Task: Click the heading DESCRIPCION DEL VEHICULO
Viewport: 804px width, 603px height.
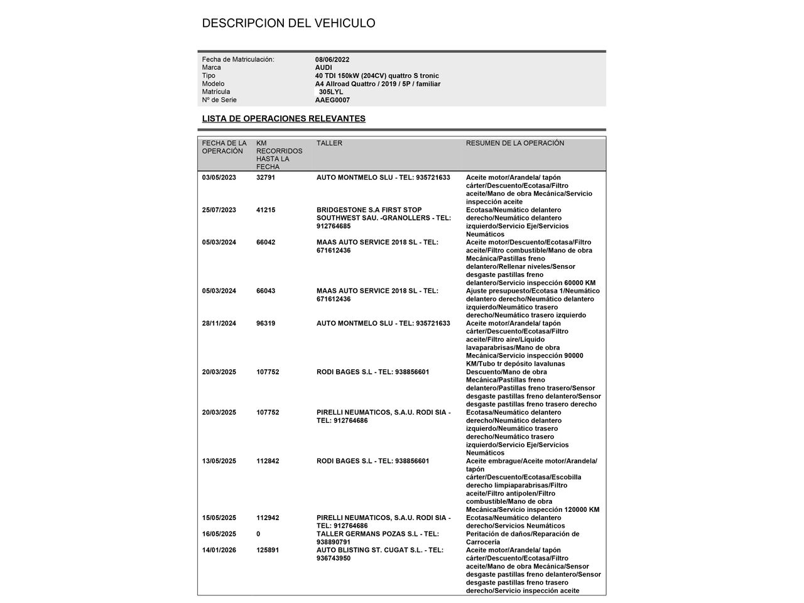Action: pos(288,23)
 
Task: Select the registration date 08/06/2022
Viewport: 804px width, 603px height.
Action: pos(332,60)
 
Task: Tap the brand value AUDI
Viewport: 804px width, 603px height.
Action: pos(323,68)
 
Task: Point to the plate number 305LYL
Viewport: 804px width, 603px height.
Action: pos(331,92)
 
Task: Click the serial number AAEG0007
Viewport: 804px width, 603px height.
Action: pos(332,100)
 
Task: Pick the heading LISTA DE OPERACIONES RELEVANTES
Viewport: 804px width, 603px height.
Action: pos(283,119)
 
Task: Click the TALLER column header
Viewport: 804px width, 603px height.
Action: pos(329,143)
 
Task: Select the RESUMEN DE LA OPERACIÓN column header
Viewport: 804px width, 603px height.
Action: pos(514,143)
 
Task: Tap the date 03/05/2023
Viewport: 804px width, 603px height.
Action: pos(219,178)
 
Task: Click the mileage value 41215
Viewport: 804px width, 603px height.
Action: pos(266,210)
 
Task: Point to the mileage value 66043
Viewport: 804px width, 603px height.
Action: pos(266,291)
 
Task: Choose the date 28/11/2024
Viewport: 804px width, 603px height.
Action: pos(219,324)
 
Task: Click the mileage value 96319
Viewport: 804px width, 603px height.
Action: pos(266,324)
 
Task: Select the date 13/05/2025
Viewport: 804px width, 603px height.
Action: pos(219,462)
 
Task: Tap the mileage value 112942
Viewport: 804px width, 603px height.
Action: pos(268,518)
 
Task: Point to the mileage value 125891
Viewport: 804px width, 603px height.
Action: pos(268,551)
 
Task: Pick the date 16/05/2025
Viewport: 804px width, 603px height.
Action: pos(219,535)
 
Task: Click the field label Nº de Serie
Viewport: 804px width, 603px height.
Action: pos(219,100)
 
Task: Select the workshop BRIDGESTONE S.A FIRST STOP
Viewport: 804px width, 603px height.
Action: pos(369,210)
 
